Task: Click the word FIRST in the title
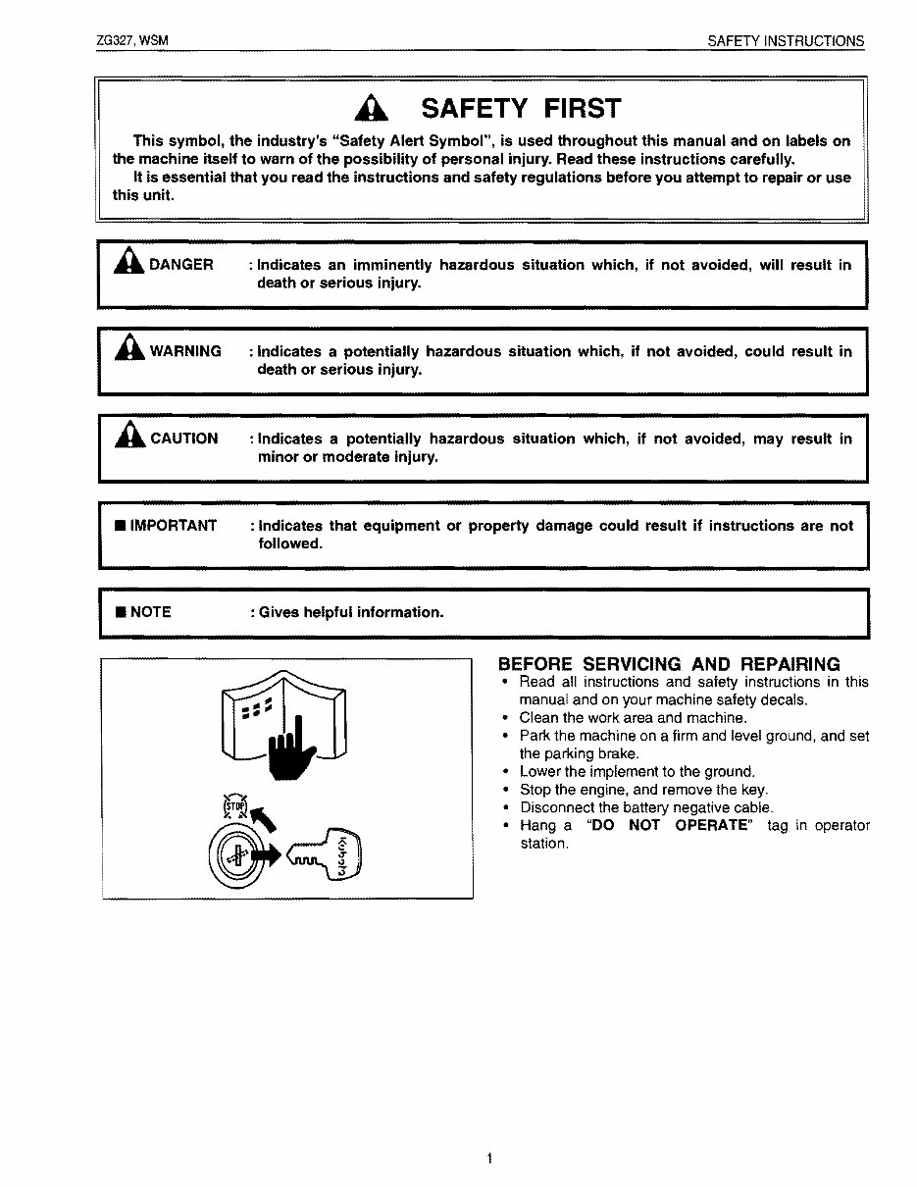pyautogui.click(x=576, y=108)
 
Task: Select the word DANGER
pyautogui.click(x=180, y=265)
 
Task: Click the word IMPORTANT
pyautogui.click(x=173, y=526)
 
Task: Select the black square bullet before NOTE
pyautogui.click(x=120, y=612)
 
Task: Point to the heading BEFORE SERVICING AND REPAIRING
pyautogui.click(x=669, y=664)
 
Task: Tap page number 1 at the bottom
pyautogui.click(x=488, y=1160)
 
